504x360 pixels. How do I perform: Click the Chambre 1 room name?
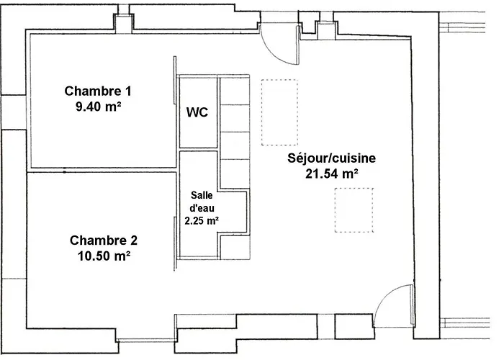click(x=98, y=91)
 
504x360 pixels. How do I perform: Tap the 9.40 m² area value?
click(x=99, y=107)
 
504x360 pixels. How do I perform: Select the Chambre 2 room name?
click(x=104, y=240)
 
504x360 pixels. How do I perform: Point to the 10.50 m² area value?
click(x=104, y=256)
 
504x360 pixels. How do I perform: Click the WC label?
click(x=197, y=112)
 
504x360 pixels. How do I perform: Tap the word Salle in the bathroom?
click(x=202, y=195)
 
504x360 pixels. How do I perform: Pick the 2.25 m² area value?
click(x=202, y=220)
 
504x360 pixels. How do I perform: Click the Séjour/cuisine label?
click(x=331, y=158)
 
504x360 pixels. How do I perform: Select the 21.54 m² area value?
click(x=332, y=174)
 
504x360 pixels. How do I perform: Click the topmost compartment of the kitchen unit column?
click(x=235, y=91)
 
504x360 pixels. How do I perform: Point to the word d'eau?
click(x=202, y=208)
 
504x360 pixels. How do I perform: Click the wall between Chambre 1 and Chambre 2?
click(x=103, y=170)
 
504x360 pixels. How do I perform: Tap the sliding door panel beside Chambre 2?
click(x=175, y=243)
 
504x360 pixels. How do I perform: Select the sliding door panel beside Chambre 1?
click(x=175, y=80)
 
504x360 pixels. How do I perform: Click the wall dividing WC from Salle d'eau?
click(x=198, y=150)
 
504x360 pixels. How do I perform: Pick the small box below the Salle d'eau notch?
click(x=235, y=247)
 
